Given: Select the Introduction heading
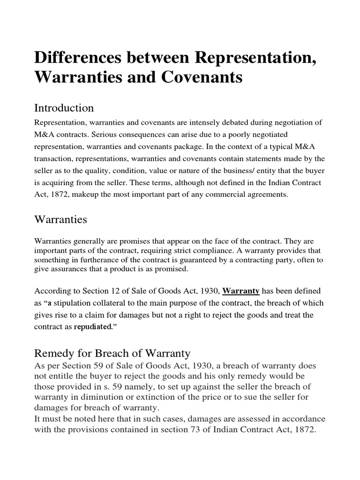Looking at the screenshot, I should (x=64, y=108).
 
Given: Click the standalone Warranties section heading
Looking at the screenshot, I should (x=60, y=219).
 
